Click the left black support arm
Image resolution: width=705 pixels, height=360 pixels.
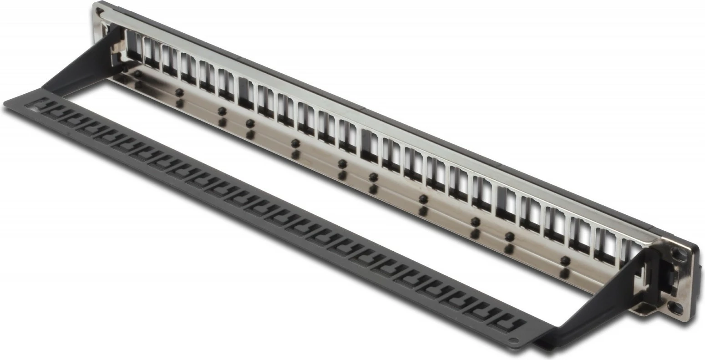click(x=77, y=68)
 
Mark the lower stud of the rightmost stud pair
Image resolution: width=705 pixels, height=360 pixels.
click(x=564, y=273)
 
